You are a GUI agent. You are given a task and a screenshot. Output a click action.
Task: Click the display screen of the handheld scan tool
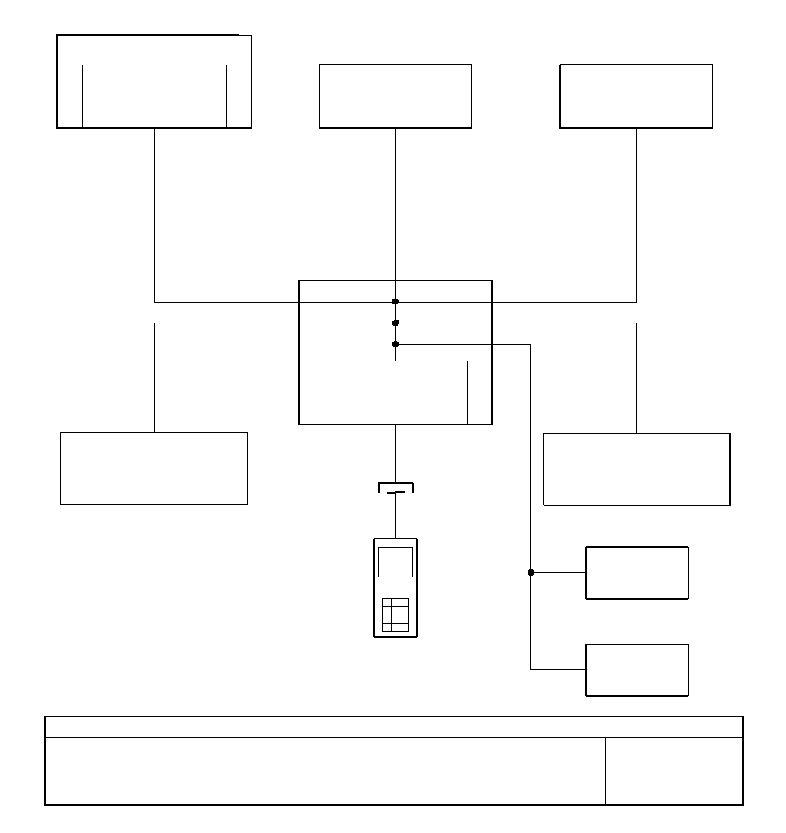tap(395, 562)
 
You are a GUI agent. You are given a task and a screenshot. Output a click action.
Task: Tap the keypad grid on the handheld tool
tap(395, 615)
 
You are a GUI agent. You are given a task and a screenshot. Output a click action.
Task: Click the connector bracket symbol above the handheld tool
tap(395, 488)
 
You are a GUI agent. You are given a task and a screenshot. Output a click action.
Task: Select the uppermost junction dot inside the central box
tap(395, 302)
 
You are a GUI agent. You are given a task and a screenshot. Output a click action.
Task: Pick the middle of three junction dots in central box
tap(395, 323)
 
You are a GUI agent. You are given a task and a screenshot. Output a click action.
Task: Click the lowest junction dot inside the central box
tap(395, 344)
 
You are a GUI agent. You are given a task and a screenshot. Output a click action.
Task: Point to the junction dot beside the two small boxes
tap(530, 572)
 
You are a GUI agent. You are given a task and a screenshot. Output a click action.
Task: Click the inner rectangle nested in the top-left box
tap(154, 96)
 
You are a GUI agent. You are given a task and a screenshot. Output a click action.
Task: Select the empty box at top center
tap(395, 96)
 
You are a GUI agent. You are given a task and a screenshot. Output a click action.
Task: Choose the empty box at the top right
tap(636, 96)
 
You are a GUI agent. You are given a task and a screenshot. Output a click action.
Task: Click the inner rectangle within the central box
tap(395, 392)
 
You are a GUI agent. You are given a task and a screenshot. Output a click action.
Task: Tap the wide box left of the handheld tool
tap(154, 468)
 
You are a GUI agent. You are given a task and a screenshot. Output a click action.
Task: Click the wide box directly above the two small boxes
tap(636, 469)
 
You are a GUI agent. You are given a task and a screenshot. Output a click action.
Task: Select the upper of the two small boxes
tap(637, 572)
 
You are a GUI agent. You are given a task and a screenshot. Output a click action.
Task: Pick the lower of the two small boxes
tap(637, 670)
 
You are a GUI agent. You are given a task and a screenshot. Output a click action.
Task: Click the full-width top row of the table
tap(394, 727)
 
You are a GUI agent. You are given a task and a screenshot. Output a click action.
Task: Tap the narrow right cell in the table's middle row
tap(673, 748)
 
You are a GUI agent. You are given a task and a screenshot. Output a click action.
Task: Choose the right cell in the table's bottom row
tap(673, 782)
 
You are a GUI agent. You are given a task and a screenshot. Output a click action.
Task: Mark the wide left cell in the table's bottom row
tap(324, 782)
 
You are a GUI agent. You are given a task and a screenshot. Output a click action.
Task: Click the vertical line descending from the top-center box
tap(395, 207)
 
